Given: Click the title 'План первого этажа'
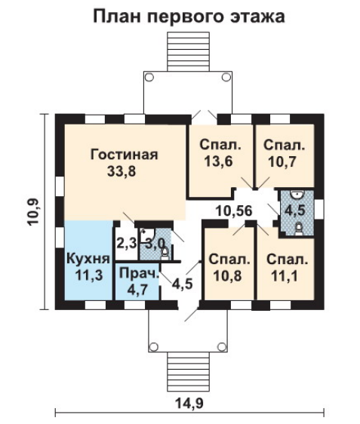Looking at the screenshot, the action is [x=189, y=17].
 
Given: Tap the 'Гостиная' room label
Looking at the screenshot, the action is [x=124, y=155].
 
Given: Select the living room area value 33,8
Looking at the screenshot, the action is [x=122, y=171].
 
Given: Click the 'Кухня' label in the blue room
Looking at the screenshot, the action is [x=88, y=259].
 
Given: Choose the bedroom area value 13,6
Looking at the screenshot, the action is [x=218, y=162].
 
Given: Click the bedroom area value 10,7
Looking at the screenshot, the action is [x=282, y=162].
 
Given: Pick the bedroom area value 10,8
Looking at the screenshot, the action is [x=227, y=276].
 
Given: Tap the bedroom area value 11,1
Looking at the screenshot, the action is [x=285, y=276].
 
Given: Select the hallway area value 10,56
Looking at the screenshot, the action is [x=234, y=211].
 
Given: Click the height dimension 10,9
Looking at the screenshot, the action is [x=34, y=213].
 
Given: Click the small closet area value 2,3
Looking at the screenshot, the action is [x=126, y=244].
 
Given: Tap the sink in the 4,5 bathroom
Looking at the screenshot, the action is [x=297, y=194].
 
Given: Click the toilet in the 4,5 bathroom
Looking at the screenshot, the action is [x=298, y=229].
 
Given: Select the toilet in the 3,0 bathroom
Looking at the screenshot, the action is [x=165, y=254].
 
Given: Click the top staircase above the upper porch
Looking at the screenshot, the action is [x=189, y=51].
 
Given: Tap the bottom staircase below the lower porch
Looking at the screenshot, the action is [x=189, y=371].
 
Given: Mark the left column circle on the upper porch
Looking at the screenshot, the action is [x=149, y=78].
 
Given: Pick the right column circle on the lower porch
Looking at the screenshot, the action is [x=223, y=346].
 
